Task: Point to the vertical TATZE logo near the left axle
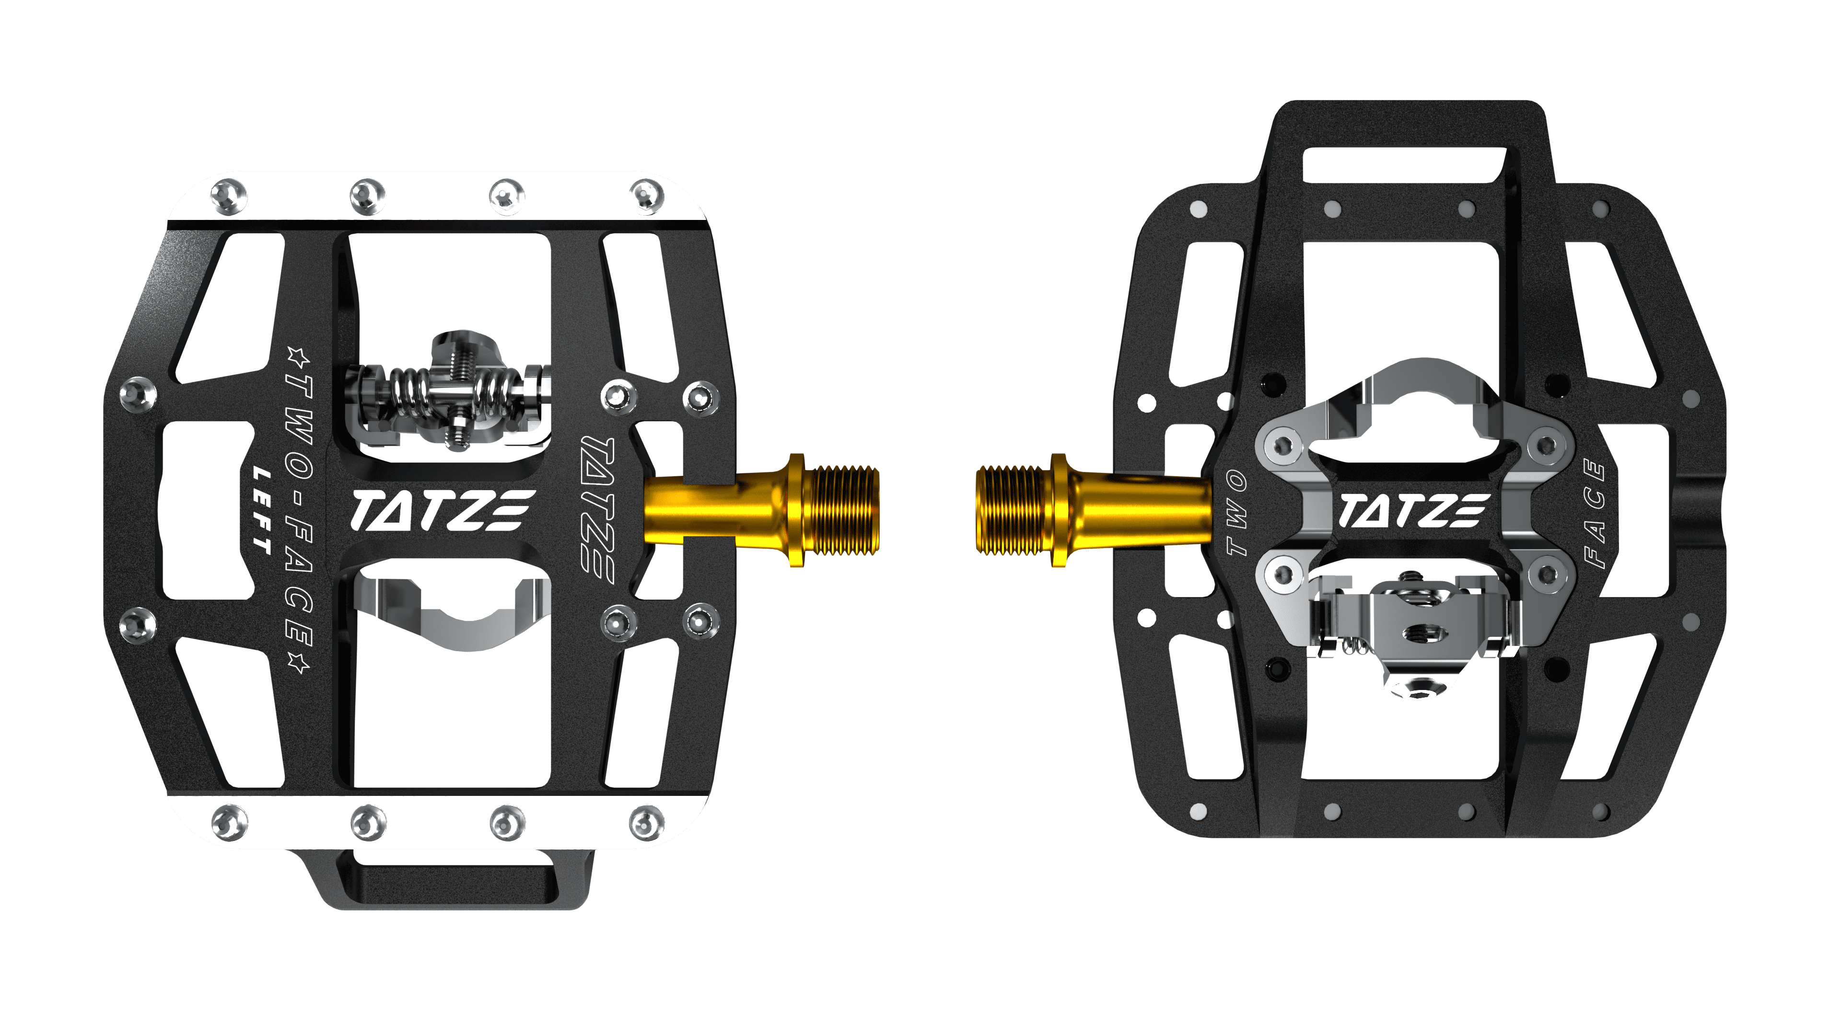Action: [x=597, y=504]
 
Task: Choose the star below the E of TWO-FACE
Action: [x=299, y=663]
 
